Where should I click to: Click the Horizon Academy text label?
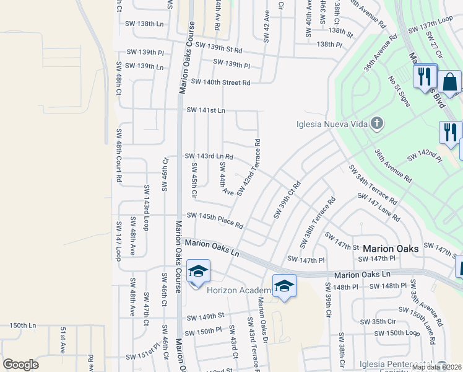click(241, 290)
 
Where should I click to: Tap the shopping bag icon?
click(451, 81)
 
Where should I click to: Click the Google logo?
click(20, 365)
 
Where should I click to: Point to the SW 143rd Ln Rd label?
click(209, 156)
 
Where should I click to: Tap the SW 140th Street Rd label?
click(220, 82)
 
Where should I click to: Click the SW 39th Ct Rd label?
click(287, 200)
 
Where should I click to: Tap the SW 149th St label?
click(204, 316)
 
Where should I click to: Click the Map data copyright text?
click(436, 367)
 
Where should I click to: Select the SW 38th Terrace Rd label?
click(317, 222)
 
